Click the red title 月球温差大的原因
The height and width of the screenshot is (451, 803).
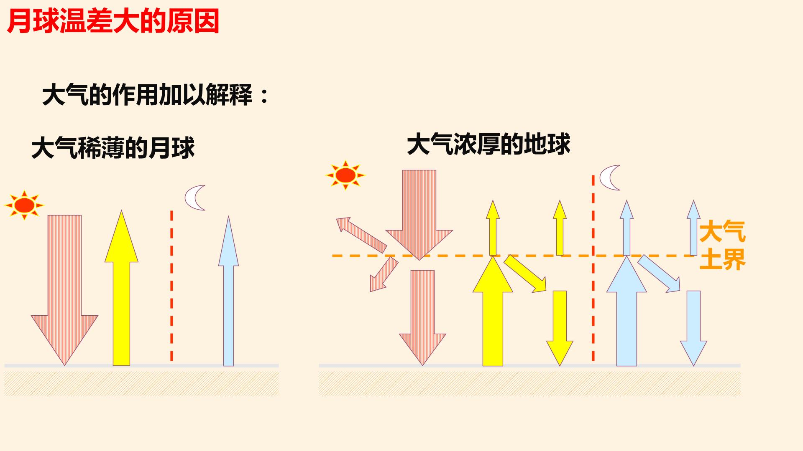(x=113, y=22)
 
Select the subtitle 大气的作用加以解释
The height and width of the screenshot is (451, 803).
(x=148, y=95)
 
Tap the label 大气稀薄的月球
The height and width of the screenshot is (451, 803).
(x=113, y=147)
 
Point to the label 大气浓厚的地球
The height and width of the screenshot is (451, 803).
(x=488, y=144)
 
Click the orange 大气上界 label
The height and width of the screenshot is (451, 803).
(x=722, y=246)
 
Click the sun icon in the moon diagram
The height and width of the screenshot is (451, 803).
(x=24, y=205)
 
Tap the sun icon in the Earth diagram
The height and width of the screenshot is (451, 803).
(x=345, y=175)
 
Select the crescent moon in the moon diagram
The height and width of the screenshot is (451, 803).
(x=195, y=198)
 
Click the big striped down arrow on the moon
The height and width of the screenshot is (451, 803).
(x=64, y=290)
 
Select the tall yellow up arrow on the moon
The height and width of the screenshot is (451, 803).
(x=121, y=288)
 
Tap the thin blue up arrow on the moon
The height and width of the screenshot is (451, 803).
(x=228, y=291)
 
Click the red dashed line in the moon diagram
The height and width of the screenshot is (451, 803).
(x=171, y=286)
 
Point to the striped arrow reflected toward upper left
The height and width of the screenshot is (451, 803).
(x=361, y=235)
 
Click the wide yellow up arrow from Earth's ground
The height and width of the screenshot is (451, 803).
(x=493, y=311)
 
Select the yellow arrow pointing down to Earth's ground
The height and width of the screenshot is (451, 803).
(x=560, y=328)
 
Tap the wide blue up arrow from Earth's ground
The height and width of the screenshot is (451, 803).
(x=627, y=311)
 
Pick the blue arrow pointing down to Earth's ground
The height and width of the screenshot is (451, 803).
(x=693, y=328)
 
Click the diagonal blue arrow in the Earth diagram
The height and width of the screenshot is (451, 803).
(x=659, y=273)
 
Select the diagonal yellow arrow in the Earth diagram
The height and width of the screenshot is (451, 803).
(x=525, y=273)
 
